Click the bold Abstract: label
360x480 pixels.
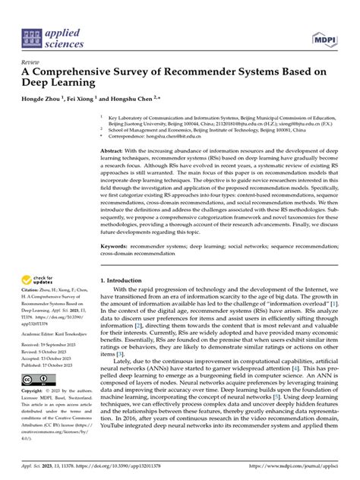point(113,152)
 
